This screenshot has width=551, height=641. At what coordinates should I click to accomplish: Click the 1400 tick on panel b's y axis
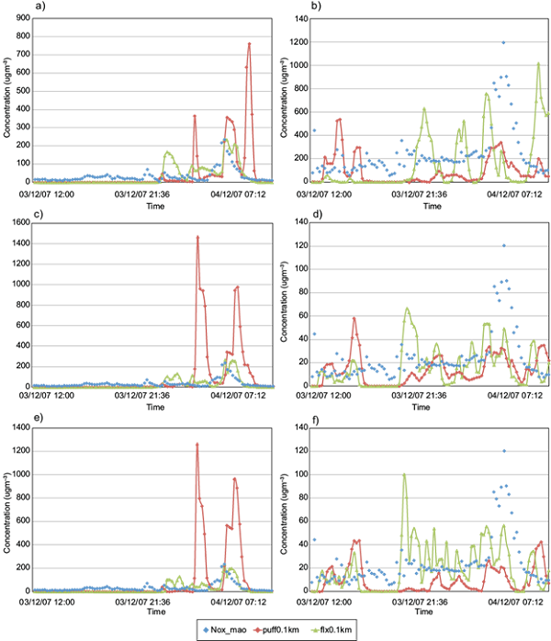(x=298, y=19)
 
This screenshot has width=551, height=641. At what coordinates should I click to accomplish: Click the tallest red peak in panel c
(x=197, y=238)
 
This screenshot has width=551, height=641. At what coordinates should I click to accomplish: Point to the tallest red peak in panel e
(x=197, y=444)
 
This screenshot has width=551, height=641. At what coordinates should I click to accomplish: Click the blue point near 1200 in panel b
(x=502, y=42)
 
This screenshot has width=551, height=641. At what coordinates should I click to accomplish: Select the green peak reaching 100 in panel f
(x=404, y=475)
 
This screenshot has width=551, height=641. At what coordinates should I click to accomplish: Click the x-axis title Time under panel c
(x=155, y=405)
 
